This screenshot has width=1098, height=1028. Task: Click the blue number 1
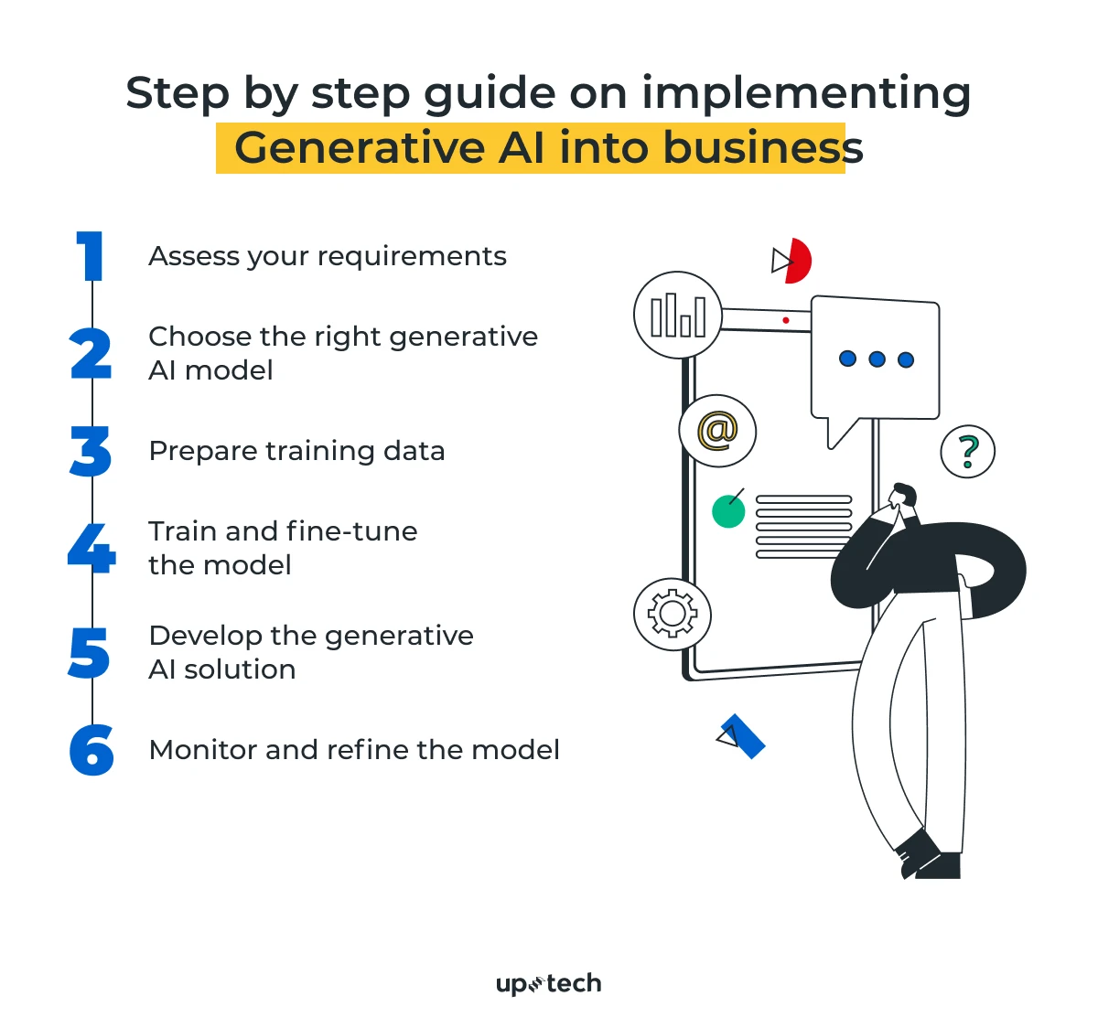[x=90, y=255]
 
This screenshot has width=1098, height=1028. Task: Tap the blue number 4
[x=91, y=548]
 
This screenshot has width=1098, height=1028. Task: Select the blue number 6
[x=91, y=749]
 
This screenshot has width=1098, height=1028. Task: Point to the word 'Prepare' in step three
[x=203, y=452]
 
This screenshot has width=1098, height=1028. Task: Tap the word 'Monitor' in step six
[x=203, y=750]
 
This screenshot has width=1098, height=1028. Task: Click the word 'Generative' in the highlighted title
[x=360, y=148]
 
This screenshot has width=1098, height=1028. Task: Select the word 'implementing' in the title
[x=806, y=94]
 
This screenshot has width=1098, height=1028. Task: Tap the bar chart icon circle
[x=677, y=315]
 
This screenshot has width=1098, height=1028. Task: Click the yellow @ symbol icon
[x=717, y=431]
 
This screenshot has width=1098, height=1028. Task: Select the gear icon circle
[x=673, y=614]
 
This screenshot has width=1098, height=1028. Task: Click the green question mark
[x=969, y=451]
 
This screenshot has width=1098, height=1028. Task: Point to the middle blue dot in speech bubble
[x=877, y=359]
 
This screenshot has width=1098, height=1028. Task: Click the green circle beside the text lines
[x=728, y=511]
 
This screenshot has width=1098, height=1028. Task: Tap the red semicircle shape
[x=800, y=261]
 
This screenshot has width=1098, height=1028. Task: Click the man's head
[x=903, y=495]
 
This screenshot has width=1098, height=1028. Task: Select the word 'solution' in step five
[x=240, y=669]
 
